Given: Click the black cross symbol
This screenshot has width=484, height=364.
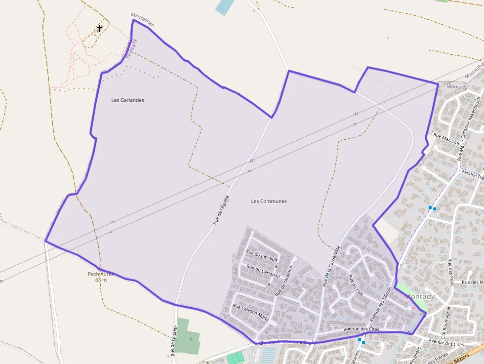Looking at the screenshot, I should (x=100, y=29).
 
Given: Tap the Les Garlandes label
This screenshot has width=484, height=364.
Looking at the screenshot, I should (x=127, y=100).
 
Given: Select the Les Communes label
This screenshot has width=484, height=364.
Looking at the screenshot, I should (x=269, y=201).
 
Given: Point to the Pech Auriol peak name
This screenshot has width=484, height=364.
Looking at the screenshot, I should (x=101, y=274).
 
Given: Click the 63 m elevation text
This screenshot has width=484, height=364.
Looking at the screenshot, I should (x=101, y=280).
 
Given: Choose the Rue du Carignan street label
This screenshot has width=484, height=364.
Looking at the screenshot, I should (x=263, y=271).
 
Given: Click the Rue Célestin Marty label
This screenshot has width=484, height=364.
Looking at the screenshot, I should (x=250, y=313).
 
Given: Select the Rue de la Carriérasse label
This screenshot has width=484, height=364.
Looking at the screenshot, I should (x=331, y=266).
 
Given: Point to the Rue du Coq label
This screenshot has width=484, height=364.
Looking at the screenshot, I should (x=355, y=284).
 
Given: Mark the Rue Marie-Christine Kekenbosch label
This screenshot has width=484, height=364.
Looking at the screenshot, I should (x=470, y=128).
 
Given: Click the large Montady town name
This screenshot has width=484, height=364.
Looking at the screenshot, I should (x=420, y=297).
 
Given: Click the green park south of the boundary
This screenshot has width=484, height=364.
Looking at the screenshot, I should (x=188, y=336).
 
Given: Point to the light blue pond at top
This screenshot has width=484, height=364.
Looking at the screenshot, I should (x=224, y=6).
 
